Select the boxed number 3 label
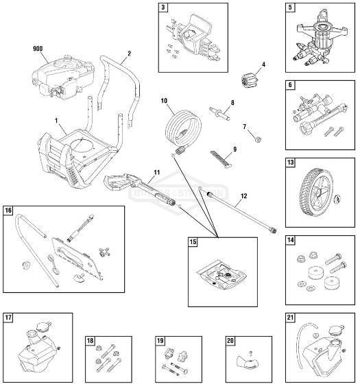point(163,8)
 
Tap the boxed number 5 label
point(290,8)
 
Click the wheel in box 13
point(317,189)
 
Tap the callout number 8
point(232,103)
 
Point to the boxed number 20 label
point(230,341)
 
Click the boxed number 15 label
point(193,242)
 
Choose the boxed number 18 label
point(90,341)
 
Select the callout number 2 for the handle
point(129,53)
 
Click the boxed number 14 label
point(291,241)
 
